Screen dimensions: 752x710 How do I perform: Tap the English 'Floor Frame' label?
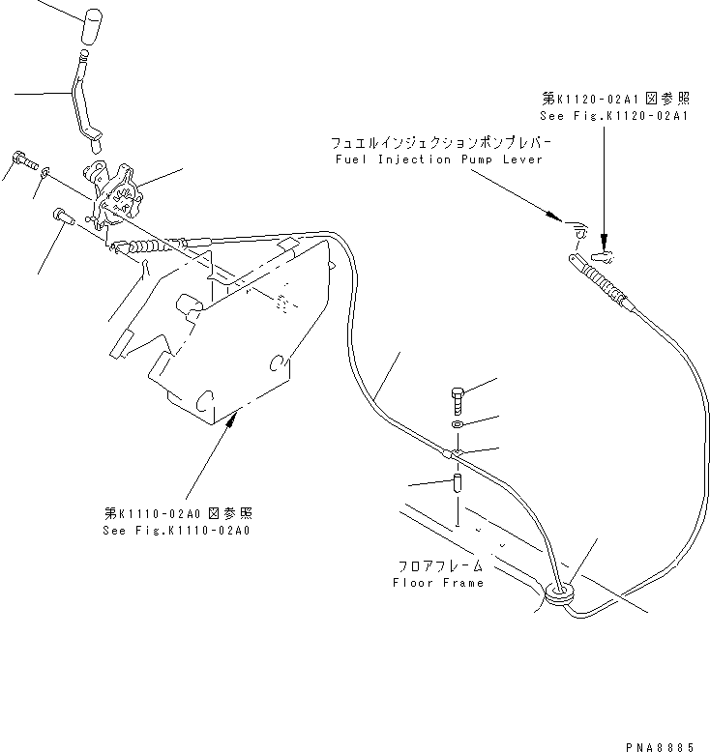(x=438, y=583)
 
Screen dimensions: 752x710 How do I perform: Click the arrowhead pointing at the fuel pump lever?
(x=552, y=217)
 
